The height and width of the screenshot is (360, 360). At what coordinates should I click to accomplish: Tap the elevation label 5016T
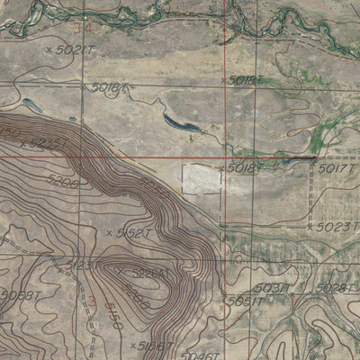coord(110,88)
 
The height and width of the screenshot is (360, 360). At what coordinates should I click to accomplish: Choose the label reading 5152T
coord(133,232)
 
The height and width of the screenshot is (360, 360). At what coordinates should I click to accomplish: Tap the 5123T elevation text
coord(83,265)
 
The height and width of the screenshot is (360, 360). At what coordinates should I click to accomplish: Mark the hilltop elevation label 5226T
coord(150,271)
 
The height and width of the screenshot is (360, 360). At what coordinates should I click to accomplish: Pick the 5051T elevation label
coord(245,301)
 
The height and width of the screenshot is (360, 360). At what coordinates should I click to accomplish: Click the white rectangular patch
coord(202,178)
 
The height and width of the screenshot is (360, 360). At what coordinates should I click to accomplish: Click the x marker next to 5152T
coord(109,232)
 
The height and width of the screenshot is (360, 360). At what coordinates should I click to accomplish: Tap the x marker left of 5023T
coord(308,227)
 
